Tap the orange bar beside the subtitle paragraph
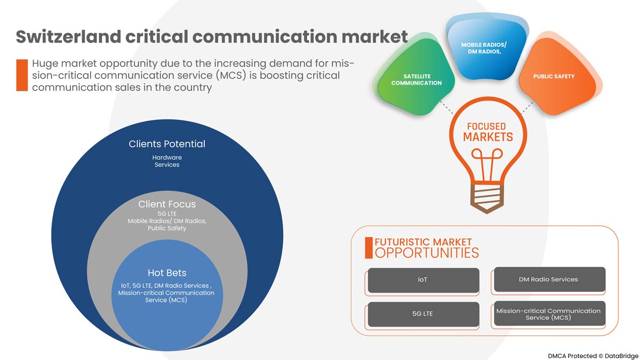[22, 75]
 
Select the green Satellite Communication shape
[416, 81]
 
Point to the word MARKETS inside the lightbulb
[487, 137]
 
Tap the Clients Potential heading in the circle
[167, 144]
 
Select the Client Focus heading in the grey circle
[167, 204]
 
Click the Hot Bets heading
[167, 273]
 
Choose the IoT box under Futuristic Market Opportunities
[423, 280]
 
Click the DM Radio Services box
[549, 279]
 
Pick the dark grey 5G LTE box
[423, 314]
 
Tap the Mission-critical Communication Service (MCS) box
[549, 314]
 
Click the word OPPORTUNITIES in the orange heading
[427, 253]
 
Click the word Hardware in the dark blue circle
[167, 157]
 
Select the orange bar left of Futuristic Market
[369, 247]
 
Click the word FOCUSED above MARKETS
[486, 126]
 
